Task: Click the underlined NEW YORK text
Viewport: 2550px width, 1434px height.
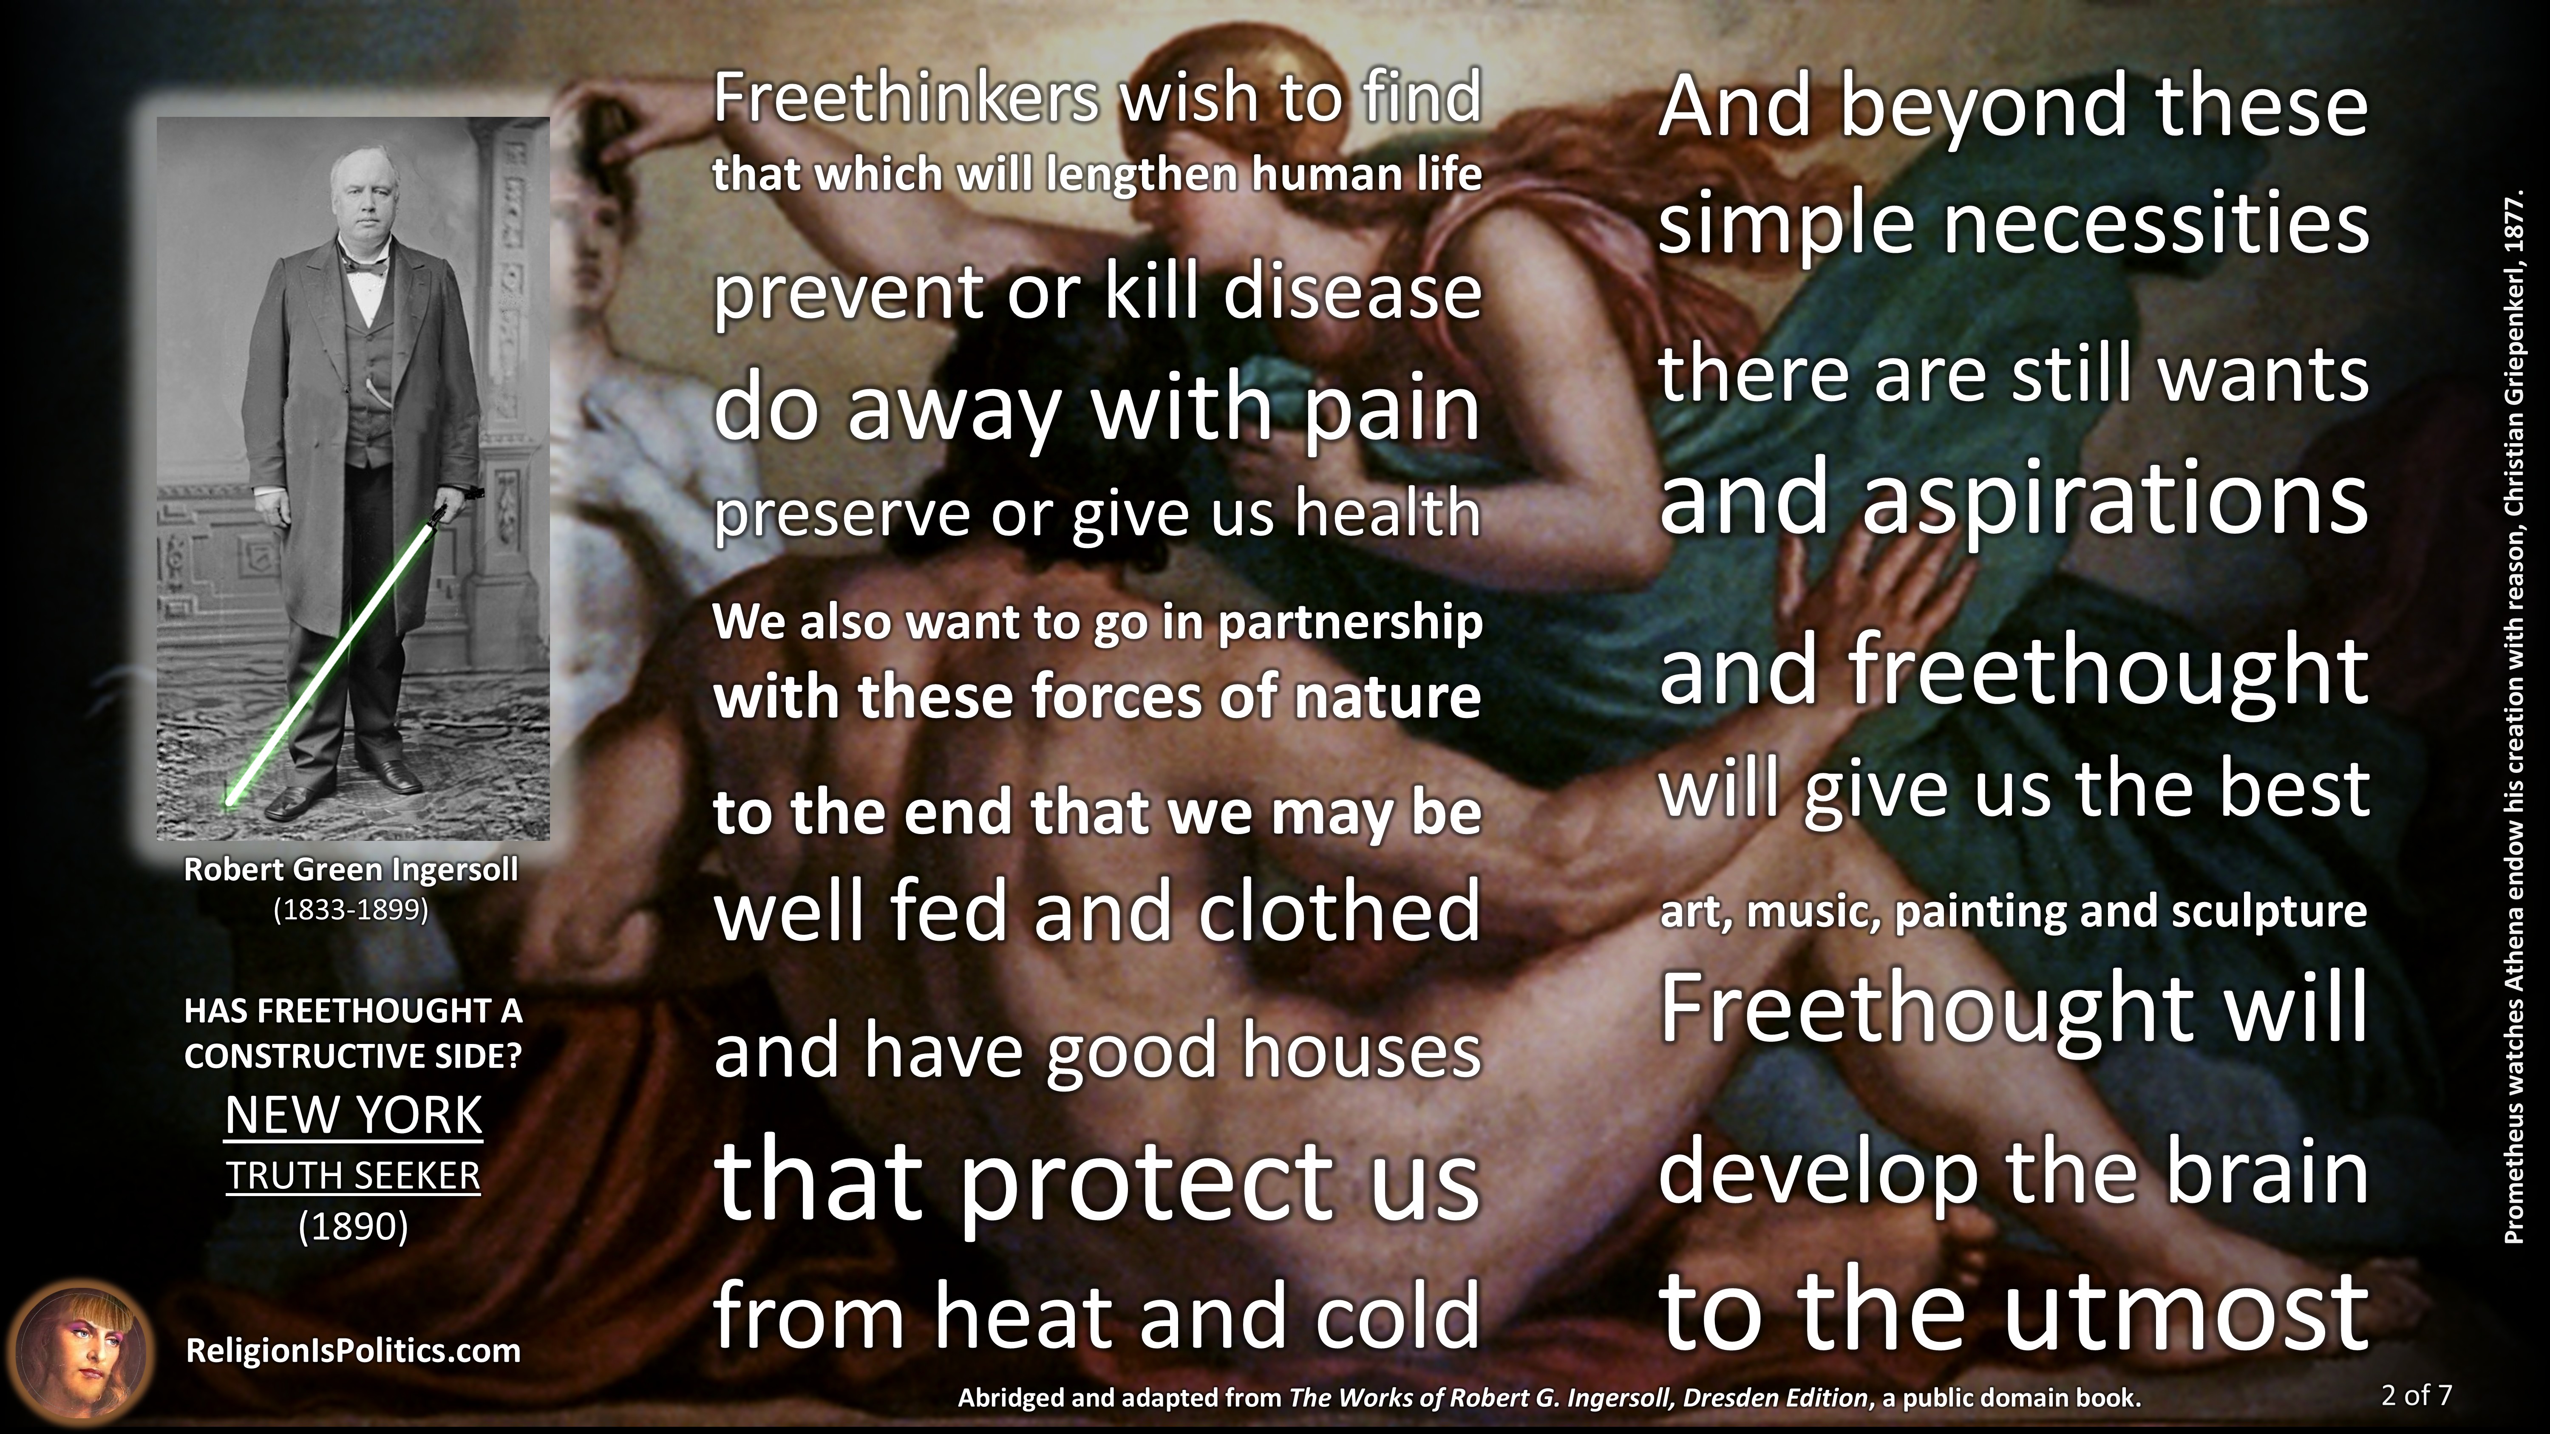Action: [x=354, y=1116]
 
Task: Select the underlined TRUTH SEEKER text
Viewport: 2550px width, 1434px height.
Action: [x=354, y=1177]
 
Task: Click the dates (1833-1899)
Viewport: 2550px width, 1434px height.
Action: [x=351, y=910]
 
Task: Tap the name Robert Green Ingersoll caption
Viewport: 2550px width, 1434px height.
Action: [x=351, y=870]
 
